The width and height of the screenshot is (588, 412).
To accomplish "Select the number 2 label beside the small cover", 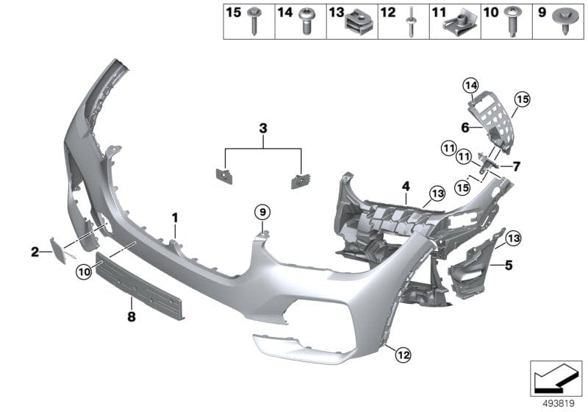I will coord(35,252).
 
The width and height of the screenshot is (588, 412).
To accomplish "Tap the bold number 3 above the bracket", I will coord(262,129).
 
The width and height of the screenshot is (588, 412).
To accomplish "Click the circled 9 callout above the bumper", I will coord(262,212).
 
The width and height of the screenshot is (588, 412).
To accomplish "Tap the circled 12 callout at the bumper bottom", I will coord(401,355).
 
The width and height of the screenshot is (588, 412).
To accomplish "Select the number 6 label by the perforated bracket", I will coord(465,127).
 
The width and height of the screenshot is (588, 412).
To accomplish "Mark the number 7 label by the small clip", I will coord(517,166).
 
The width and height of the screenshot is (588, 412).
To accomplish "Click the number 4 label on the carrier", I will coord(404,187).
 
